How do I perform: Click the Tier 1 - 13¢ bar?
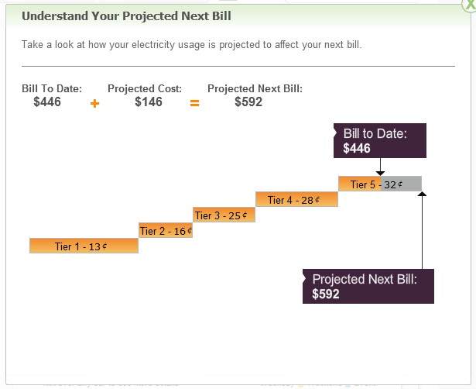pos(84,246)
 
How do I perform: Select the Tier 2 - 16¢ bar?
pos(166,230)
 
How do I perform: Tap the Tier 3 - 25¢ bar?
pos(224,215)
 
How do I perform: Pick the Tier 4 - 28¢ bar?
pos(297,199)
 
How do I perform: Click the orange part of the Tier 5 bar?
pos(360,184)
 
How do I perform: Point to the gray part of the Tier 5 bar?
pos(402,184)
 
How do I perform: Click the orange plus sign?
pos(94,104)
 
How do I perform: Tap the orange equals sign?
pos(194,103)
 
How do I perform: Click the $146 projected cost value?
pos(149,102)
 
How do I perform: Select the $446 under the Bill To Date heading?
pos(47,102)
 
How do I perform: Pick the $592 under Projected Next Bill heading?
pos(248,102)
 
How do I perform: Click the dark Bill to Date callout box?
pos(380,140)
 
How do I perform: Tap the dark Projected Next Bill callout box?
pos(368,286)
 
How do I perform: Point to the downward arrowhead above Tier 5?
pos(380,174)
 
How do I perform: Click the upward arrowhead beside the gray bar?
pos(422,194)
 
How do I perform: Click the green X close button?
pos(469,5)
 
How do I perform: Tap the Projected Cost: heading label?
pos(145,88)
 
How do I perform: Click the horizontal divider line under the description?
pos(238,66)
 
